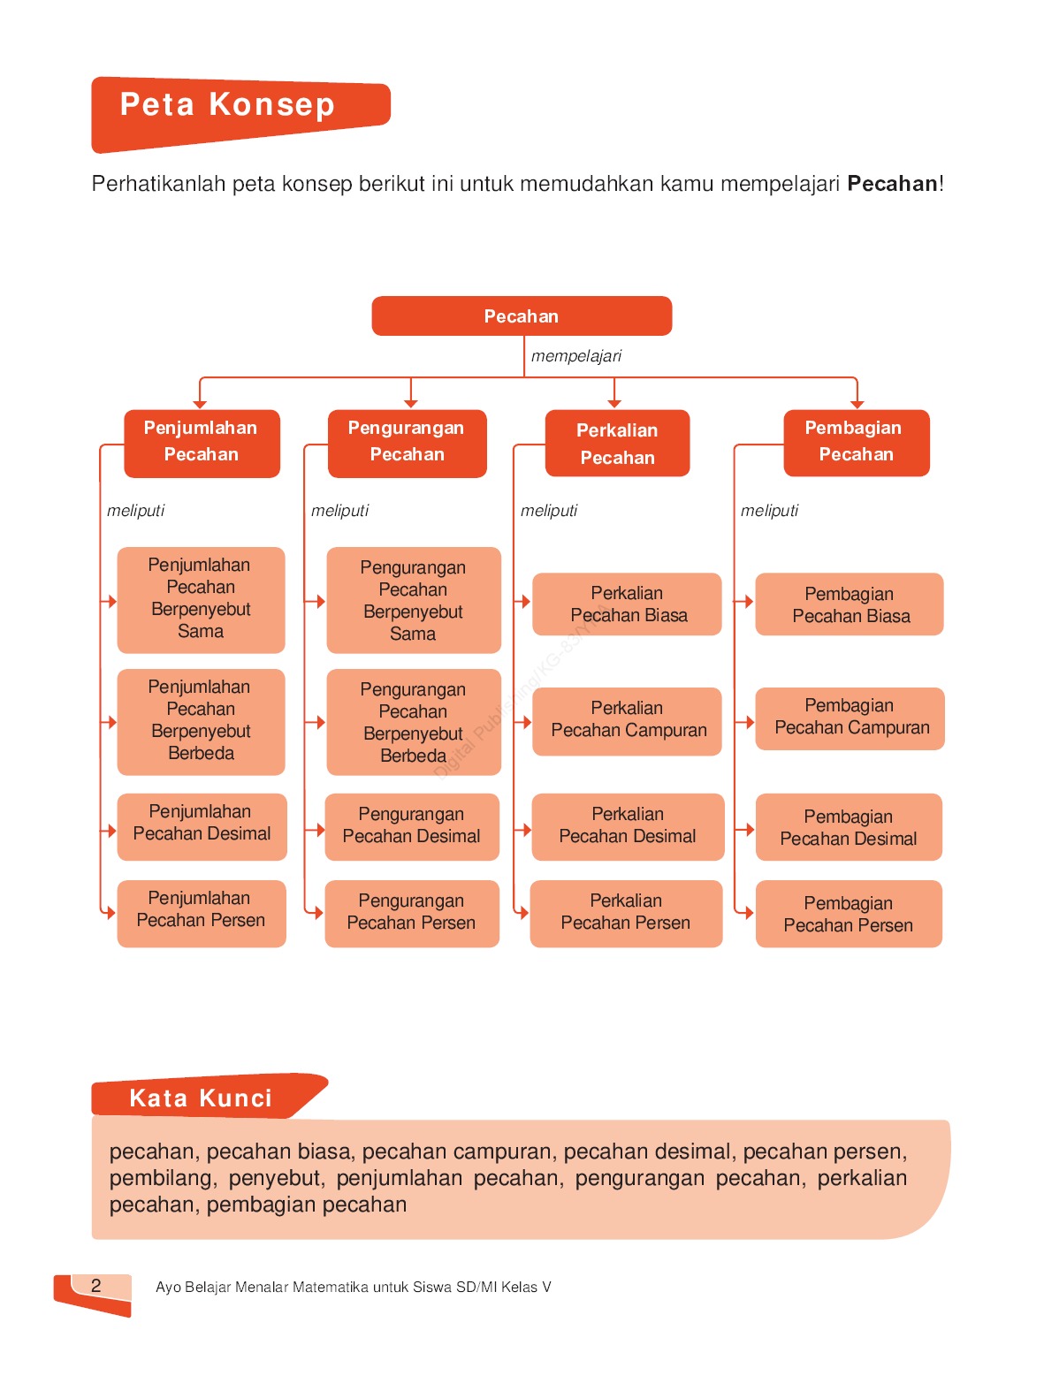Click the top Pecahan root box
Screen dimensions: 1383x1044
[522, 316]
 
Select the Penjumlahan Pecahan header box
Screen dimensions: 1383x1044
[202, 442]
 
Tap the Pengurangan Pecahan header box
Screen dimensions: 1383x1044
[407, 442]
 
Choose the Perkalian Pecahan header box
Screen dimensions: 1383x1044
[617, 444]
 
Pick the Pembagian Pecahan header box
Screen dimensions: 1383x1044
[856, 442]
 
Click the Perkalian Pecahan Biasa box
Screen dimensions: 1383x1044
[628, 604]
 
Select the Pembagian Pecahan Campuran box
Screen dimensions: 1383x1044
[850, 718]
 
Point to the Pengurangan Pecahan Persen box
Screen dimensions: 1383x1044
[412, 913]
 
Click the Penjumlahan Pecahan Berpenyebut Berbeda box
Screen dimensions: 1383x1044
[201, 721]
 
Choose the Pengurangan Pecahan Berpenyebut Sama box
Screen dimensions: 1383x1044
[413, 600]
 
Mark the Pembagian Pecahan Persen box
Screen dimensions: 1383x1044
[849, 915]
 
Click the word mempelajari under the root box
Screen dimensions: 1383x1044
[576, 356]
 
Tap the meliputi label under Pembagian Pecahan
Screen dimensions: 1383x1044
[769, 511]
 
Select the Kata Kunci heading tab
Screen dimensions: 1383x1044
[202, 1098]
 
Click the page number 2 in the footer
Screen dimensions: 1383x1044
[96, 1286]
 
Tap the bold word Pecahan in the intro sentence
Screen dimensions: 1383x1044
[892, 184]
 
